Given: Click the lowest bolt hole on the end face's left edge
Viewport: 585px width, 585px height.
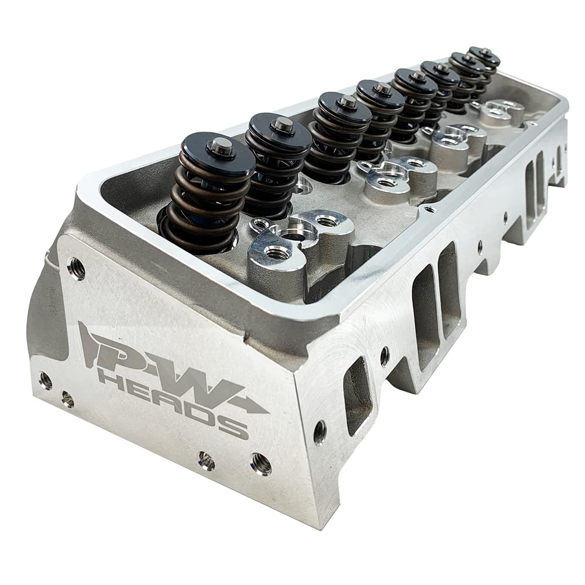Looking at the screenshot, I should [x=67, y=400].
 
